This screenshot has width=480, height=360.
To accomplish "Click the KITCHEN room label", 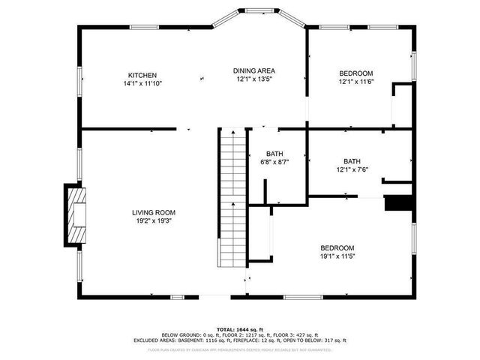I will click(x=142, y=75).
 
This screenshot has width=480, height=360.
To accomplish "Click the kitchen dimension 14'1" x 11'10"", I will click(x=142, y=83).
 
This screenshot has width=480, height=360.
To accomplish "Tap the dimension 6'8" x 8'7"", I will click(x=274, y=161).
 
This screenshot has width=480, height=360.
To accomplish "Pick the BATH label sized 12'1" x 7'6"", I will click(x=352, y=161).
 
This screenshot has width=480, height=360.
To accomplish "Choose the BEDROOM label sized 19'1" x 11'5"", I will click(x=337, y=247).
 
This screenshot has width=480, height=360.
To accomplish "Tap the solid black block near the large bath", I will click(x=397, y=204).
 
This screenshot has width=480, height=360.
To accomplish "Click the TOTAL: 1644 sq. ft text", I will click(x=239, y=329).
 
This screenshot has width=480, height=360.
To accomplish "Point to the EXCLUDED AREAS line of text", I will click(x=239, y=340).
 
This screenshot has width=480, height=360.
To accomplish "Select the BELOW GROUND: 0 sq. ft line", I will click(x=239, y=334).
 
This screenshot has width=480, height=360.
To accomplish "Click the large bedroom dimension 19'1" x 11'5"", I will click(x=337, y=256).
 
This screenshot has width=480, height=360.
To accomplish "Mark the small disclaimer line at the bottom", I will click(x=239, y=349).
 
